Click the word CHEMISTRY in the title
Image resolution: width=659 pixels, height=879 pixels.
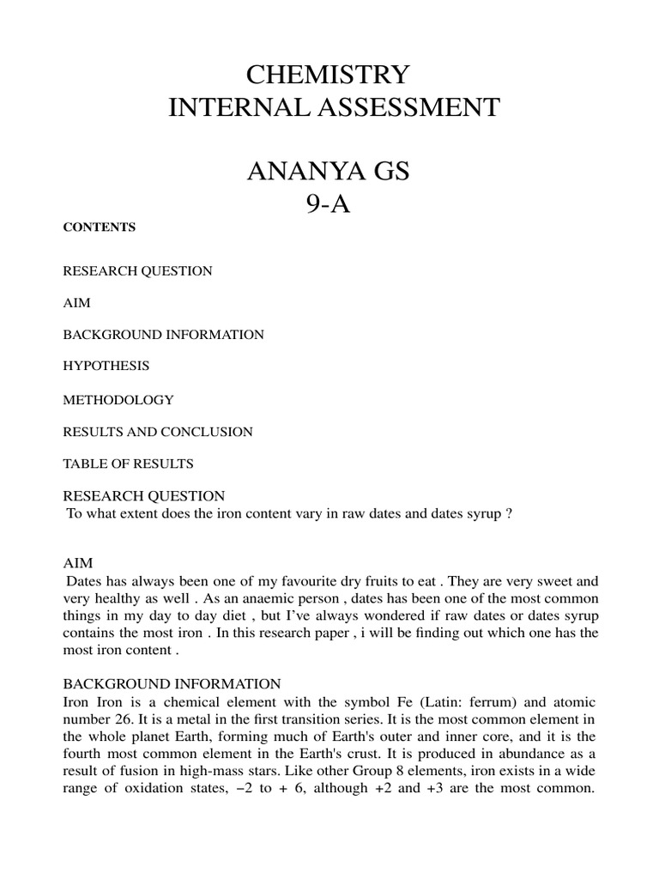tap(329, 75)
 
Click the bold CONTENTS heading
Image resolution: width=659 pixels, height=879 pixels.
tap(100, 227)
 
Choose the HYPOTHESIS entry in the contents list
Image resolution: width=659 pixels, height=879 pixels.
tap(106, 366)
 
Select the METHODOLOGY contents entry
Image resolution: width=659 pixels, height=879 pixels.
tap(118, 400)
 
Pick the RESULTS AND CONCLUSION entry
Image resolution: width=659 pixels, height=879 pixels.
tap(158, 432)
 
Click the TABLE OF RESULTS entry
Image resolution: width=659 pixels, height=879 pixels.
tap(129, 464)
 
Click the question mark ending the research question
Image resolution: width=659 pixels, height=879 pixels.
tap(510, 513)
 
